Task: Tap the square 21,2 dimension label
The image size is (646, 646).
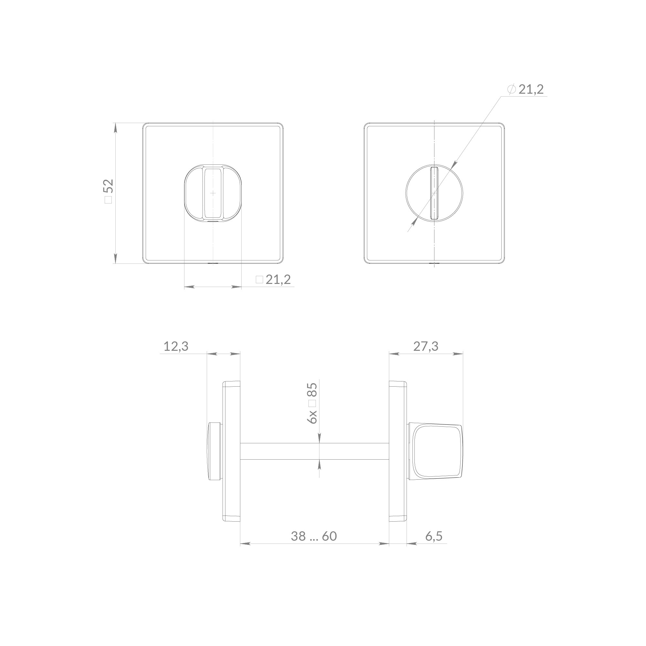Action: point(273,279)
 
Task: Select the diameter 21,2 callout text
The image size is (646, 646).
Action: point(525,89)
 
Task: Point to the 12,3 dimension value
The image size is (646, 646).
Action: point(176,346)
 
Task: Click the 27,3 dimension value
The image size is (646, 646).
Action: point(426,346)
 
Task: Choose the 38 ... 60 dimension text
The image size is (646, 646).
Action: point(314,536)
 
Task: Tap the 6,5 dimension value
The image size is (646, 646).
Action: point(434,536)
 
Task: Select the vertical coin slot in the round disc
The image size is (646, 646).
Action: point(434,193)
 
